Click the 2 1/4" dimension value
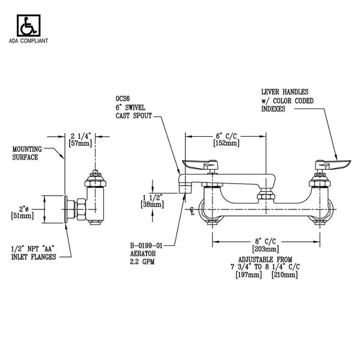pyautogui.click(x=81, y=136)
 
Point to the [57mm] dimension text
pyautogui.click(x=81, y=145)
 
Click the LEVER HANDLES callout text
pyautogui.click(x=284, y=92)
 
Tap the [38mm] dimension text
pyautogui.click(x=152, y=205)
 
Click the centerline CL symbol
pyautogui.click(x=191, y=210)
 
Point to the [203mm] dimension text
pyautogui.click(x=265, y=249)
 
